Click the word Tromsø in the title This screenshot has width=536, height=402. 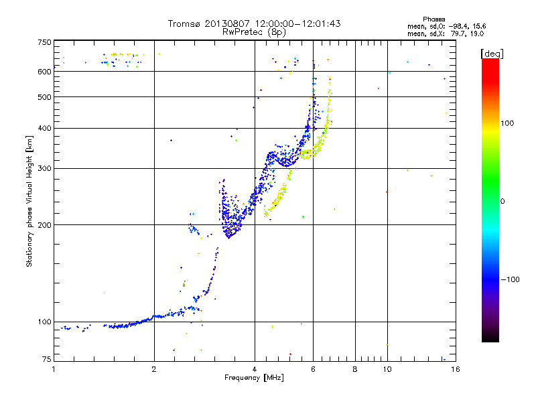pos(185,23)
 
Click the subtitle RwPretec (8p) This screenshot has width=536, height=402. pos(254,32)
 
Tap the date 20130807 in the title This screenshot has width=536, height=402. pos(227,23)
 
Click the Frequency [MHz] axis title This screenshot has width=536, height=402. pos(254,378)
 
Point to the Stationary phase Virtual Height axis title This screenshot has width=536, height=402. pos(29,202)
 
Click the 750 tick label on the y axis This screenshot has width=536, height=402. pos(44,42)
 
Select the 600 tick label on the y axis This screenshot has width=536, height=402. pos(44,72)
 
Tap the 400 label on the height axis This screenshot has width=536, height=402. pos(44,128)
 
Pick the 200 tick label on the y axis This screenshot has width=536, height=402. pos(44,225)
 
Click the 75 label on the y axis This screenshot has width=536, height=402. pos(47,359)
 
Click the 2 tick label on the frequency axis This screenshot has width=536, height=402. pos(154,369)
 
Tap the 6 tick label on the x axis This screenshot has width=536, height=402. pos(313,369)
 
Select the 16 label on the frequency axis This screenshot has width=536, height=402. pos(456,369)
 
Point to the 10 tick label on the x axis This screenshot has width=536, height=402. pos(387,369)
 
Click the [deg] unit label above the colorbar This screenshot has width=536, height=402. pos(492,54)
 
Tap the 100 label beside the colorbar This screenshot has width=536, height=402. pos(507,123)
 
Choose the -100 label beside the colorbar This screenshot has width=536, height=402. pos(510,279)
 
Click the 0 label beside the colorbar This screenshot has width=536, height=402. pos(503,202)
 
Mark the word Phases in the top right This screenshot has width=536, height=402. pos(433,19)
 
